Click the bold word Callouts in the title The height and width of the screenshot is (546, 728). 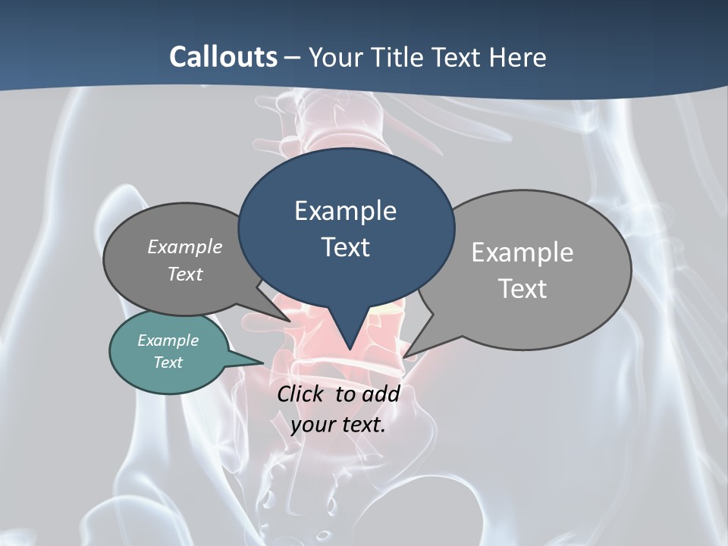click(223, 57)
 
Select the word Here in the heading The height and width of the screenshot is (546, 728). click(518, 57)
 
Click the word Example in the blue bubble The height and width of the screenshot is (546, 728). click(345, 211)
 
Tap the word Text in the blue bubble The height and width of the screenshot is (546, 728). click(346, 247)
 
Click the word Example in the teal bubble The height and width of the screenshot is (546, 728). click(168, 340)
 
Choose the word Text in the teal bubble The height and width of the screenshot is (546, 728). click(168, 362)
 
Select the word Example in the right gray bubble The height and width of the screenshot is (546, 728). click(522, 253)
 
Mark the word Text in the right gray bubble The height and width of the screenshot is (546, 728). click(522, 289)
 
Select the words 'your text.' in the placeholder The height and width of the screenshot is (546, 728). click(338, 425)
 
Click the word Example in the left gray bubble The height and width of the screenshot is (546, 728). click(185, 246)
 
